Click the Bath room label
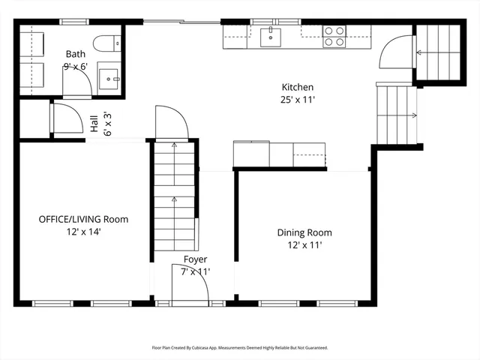(75, 54)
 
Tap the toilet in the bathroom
(105, 43)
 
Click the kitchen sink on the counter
(270, 36)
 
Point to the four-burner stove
(334, 36)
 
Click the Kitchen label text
(297, 87)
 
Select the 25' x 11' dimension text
(297, 100)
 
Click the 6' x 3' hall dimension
(107, 123)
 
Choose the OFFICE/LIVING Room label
(83, 220)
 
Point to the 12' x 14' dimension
(83, 232)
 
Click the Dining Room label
(304, 232)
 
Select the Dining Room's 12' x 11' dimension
(304, 245)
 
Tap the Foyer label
(195, 259)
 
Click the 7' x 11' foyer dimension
(195, 271)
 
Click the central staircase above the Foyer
(175, 195)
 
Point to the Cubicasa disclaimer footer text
(240, 347)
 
